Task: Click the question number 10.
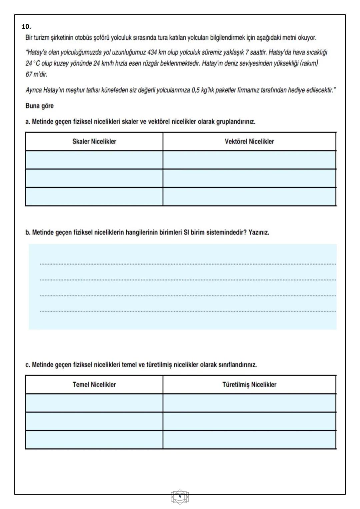click(x=26, y=26)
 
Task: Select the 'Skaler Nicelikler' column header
click(x=94, y=141)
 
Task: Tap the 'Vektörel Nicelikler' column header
click(x=249, y=141)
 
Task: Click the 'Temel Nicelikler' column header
click(x=94, y=385)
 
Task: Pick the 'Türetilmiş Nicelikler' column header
click(x=249, y=385)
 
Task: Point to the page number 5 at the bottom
click(x=180, y=497)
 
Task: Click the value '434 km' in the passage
click(x=157, y=52)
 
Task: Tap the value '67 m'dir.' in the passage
click(x=36, y=74)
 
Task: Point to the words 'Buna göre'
click(x=39, y=106)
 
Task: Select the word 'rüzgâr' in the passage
click(x=150, y=63)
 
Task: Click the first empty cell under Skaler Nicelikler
click(x=94, y=160)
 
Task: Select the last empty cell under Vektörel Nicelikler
click(x=249, y=196)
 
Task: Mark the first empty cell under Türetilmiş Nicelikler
click(x=249, y=403)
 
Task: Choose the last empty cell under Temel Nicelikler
click(x=94, y=440)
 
